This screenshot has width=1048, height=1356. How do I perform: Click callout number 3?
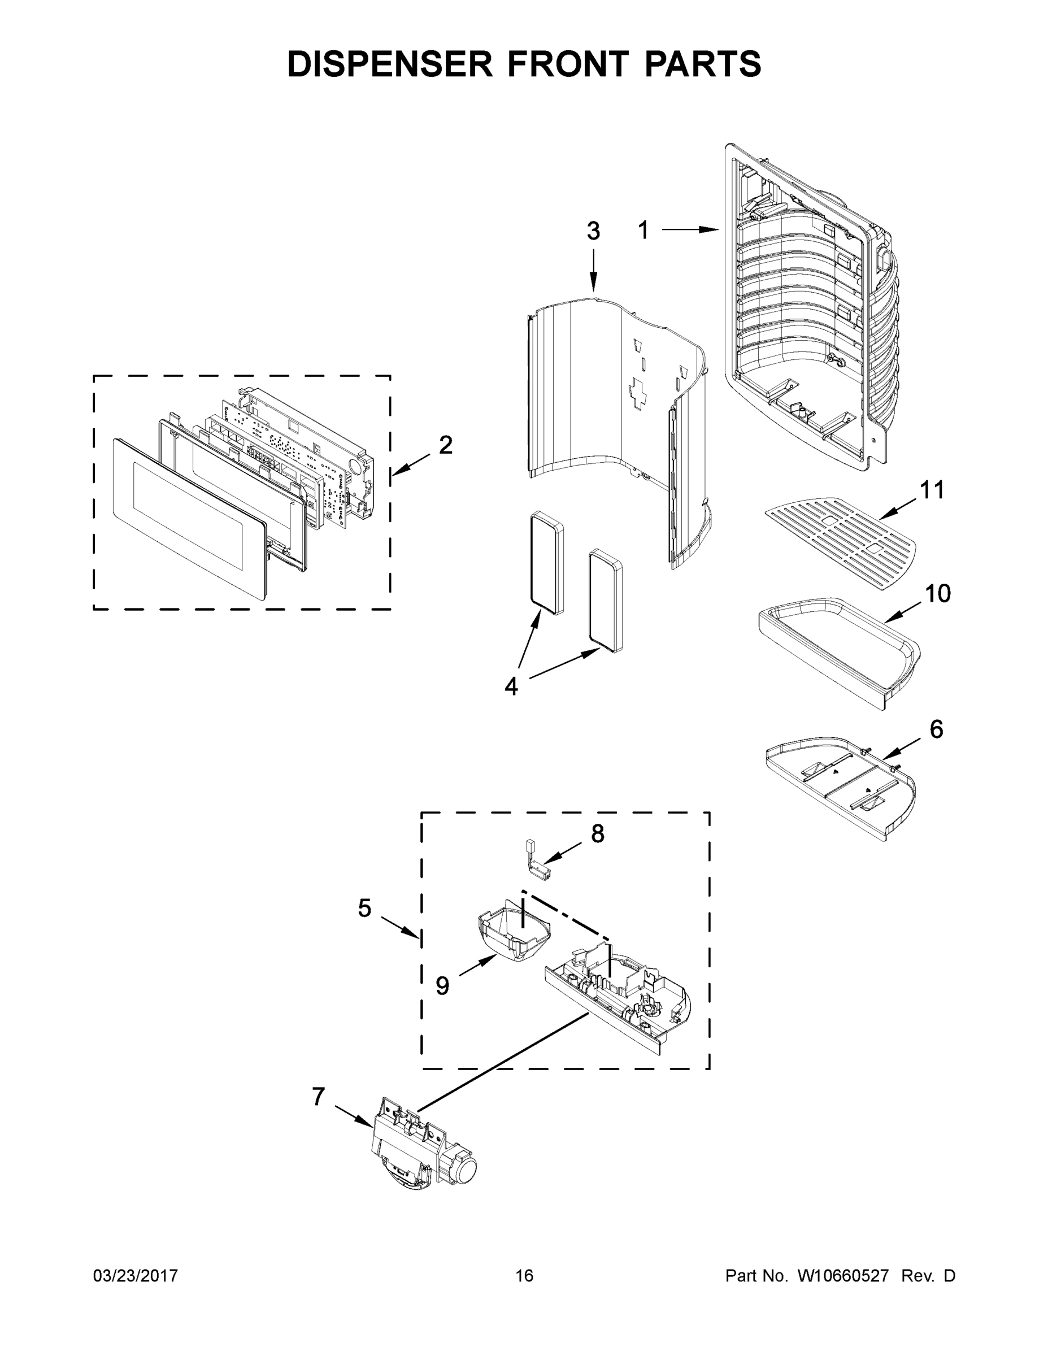coord(594,231)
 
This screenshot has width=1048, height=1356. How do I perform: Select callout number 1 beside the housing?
coord(643,231)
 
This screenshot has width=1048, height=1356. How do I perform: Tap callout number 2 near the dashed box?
coord(446,445)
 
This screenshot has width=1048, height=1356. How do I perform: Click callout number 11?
coord(931,490)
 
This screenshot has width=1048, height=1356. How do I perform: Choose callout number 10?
coord(937,594)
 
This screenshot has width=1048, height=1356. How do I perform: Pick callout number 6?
coord(936,729)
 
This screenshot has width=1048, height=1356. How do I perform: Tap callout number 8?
coord(597,834)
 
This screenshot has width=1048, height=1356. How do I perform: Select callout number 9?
coord(442,985)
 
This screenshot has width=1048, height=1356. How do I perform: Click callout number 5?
coord(364,909)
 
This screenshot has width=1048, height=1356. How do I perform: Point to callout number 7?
coord(319,1097)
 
